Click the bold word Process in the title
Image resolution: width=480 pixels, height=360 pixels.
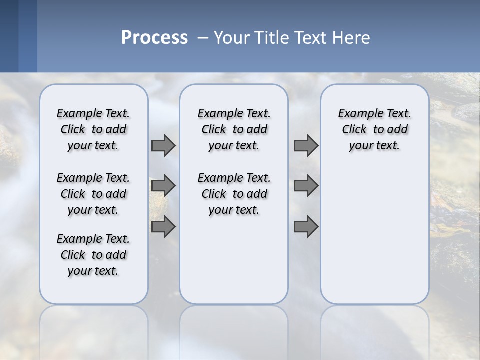tap(154, 38)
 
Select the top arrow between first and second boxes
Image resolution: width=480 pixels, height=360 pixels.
tap(163, 145)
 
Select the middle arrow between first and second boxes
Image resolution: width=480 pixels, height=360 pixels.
tap(163, 186)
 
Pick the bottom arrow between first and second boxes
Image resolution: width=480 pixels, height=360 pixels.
tap(163, 227)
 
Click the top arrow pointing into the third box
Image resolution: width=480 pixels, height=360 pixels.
tap(306, 145)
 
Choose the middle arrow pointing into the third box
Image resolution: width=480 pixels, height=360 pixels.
tap(306, 186)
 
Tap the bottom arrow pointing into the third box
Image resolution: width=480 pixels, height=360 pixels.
tap(306, 227)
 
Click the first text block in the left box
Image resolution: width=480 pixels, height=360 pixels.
tap(93, 129)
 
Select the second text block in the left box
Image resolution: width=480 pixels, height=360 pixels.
tap(93, 194)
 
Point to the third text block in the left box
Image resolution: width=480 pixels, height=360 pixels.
tap(93, 255)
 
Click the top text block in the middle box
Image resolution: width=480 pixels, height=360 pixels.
tap(234, 129)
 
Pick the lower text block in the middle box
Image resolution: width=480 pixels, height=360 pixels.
tap(234, 194)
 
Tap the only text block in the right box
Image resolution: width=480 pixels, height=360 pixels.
tap(374, 129)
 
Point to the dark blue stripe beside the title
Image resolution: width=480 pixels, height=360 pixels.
tap(18, 36)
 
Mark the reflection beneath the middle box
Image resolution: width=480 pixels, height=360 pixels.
tap(234, 330)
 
